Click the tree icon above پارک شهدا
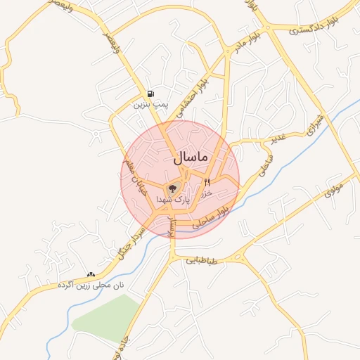pyautogui.click(x=172, y=188)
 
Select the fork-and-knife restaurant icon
pyautogui.click(x=207, y=182)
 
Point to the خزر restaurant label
pyautogui.click(x=207, y=192)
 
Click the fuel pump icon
pyautogui.click(x=150, y=94)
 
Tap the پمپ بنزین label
pyautogui.click(x=149, y=105)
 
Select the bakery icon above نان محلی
pyautogui.click(x=90, y=274)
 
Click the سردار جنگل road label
pyautogui.click(x=129, y=245)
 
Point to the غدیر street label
pyautogui.click(x=278, y=135)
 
